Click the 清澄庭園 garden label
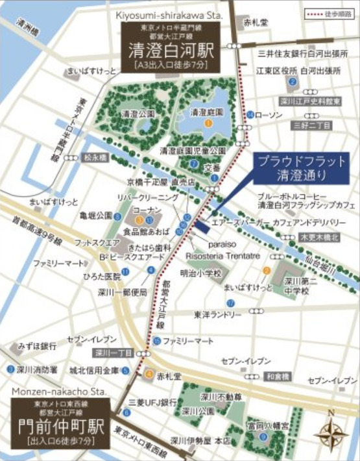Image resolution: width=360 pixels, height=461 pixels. pos(206,112)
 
